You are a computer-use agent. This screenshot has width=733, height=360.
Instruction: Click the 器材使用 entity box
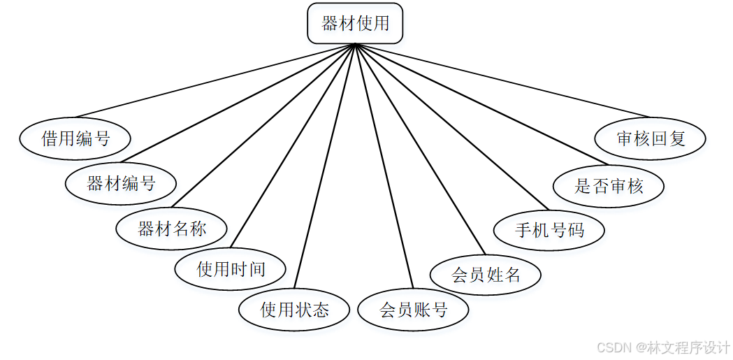click(355, 23)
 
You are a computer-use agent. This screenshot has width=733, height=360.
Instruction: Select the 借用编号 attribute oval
click(75, 138)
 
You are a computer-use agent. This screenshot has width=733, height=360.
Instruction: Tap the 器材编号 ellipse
click(121, 184)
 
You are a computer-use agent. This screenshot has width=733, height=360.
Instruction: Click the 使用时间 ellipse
click(231, 269)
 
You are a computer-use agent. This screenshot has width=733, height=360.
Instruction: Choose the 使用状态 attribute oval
click(294, 310)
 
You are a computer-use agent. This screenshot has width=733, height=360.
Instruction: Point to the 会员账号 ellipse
click(413, 310)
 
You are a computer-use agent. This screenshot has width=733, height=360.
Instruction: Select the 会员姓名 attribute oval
click(486, 274)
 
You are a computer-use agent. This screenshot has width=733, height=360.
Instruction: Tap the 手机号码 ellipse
click(549, 230)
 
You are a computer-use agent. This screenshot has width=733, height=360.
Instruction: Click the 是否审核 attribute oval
click(608, 186)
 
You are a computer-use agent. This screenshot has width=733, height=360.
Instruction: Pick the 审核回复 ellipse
click(651, 138)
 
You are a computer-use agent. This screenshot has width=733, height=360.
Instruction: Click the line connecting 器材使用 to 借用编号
click(216, 80)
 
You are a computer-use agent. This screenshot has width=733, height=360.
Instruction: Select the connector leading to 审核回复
click(503, 80)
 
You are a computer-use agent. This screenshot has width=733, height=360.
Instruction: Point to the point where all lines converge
click(356, 44)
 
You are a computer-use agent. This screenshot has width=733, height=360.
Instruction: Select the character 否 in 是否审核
click(599, 186)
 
